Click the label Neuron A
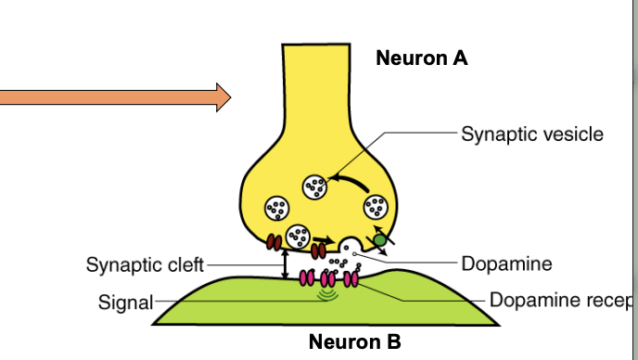421,58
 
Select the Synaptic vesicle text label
531,134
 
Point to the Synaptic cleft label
144,264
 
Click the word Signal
124,302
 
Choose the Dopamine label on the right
506,264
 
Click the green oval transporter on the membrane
379,242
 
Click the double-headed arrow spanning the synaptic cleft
285,264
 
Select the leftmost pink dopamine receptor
306,278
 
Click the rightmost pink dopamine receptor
351,278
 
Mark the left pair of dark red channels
274,243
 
